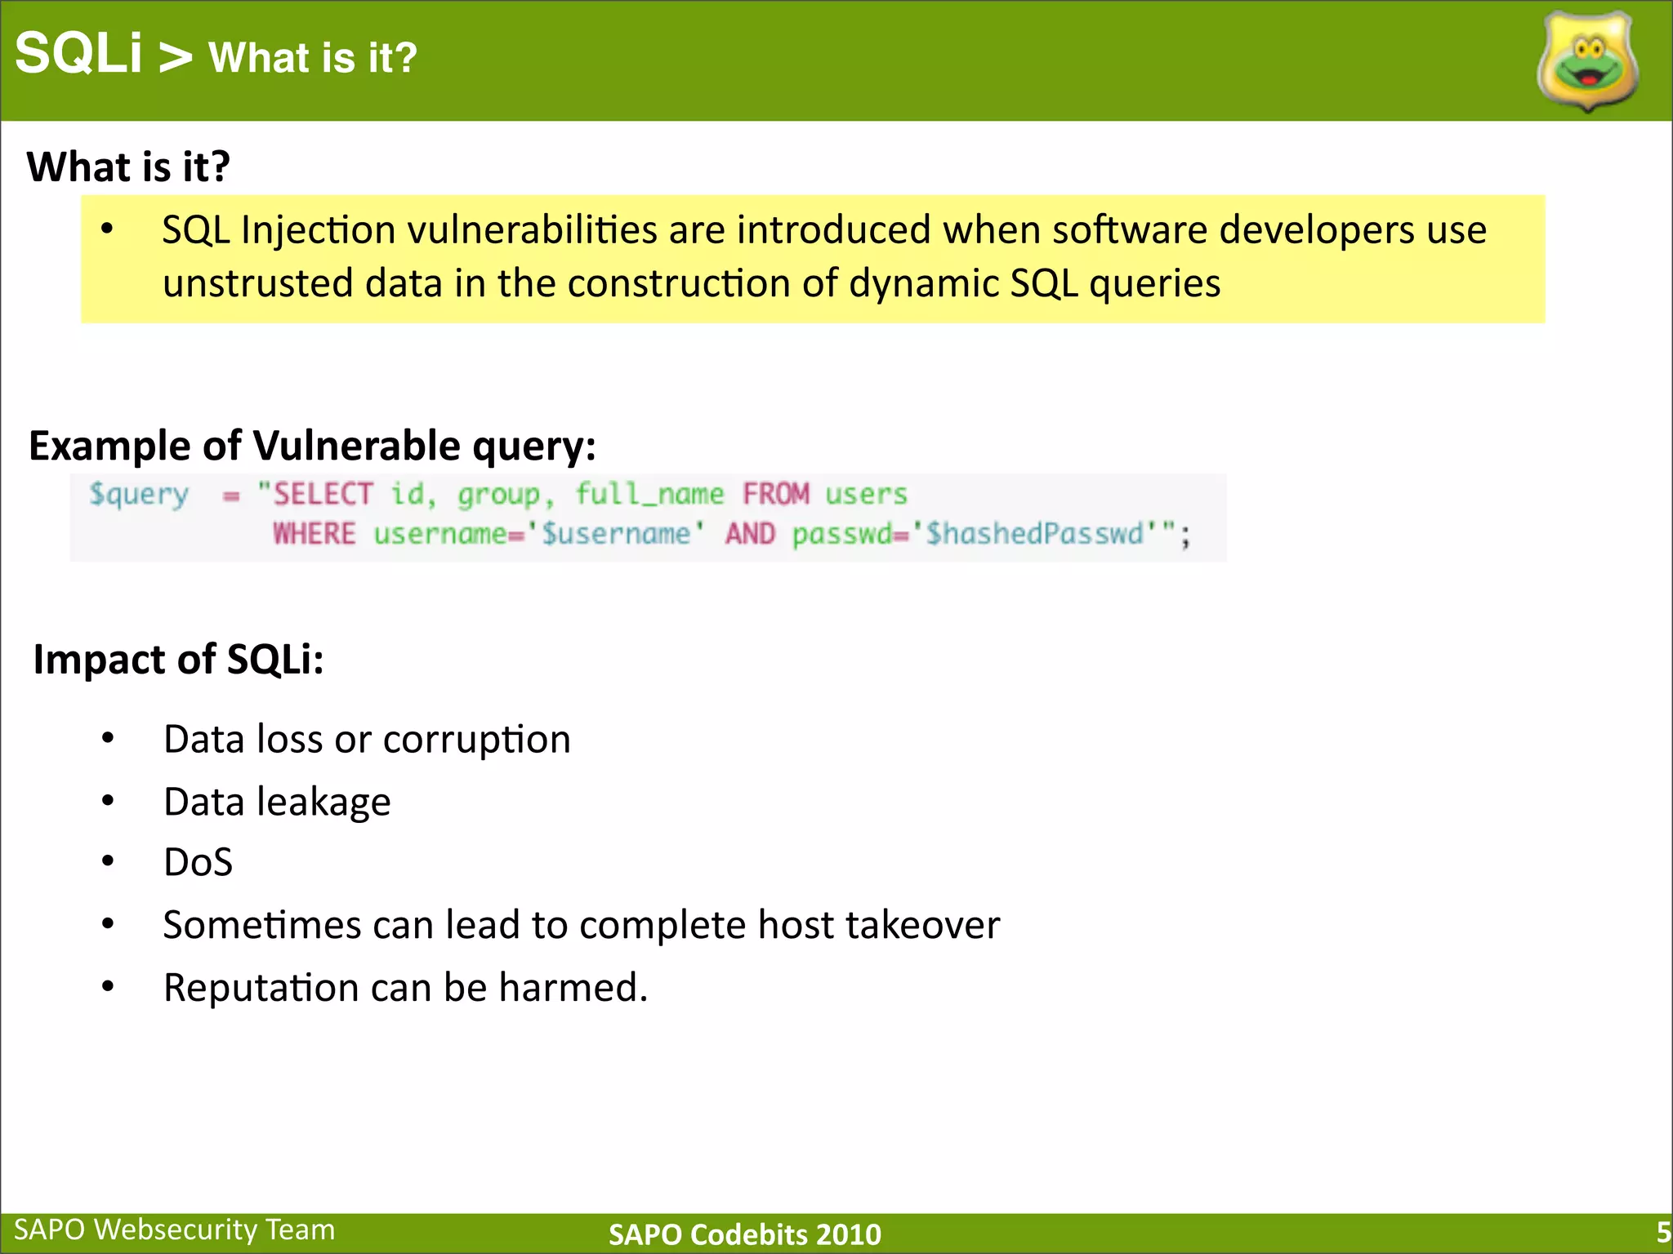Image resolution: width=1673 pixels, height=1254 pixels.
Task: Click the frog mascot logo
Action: point(1587,62)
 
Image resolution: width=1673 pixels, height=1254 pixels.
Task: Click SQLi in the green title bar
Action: point(78,54)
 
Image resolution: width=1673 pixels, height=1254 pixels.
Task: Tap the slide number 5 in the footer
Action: point(1662,1232)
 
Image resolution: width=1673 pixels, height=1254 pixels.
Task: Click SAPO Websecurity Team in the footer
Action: point(175,1230)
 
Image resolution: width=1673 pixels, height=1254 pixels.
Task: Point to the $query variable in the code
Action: point(139,495)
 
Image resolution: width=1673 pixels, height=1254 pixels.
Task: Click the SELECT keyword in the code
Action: point(323,494)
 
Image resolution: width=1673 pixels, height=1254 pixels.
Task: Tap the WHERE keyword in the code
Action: point(315,534)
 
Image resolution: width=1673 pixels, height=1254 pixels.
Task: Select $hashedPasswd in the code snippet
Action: point(1034,534)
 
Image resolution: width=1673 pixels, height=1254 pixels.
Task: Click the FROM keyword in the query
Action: point(775,494)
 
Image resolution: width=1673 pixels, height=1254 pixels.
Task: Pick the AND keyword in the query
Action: point(750,534)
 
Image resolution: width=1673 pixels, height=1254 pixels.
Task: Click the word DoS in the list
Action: point(198,862)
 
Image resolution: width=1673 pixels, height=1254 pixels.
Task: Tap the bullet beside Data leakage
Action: point(108,800)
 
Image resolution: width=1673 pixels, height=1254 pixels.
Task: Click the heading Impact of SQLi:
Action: point(178,659)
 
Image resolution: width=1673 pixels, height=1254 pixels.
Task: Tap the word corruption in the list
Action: point(476,740)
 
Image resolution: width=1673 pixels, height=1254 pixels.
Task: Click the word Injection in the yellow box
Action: point(319,230)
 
